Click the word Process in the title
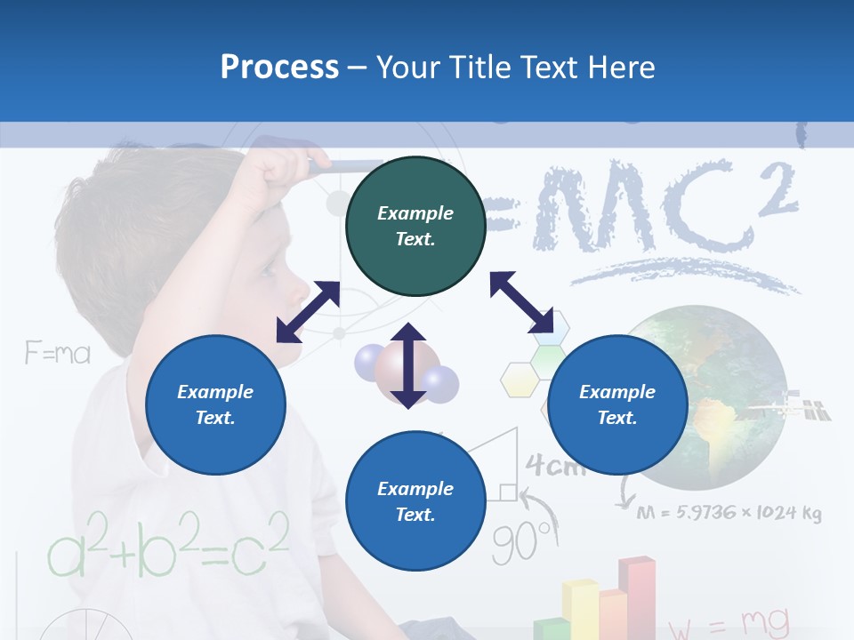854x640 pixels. [279, 67]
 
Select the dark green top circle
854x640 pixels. [415, 227]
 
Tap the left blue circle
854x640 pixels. [215, 404]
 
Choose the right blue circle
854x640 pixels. [617, 404]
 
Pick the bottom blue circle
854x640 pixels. [415, 501]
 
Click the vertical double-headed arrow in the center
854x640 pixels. [408, 365]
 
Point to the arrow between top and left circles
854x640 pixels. [308, 312]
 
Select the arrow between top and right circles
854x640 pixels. [521, 302]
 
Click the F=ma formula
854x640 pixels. [57, 355]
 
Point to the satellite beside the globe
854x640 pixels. [788, 407]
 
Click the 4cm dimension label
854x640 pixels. [555, 466]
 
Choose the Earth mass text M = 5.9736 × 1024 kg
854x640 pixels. [729, 513]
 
